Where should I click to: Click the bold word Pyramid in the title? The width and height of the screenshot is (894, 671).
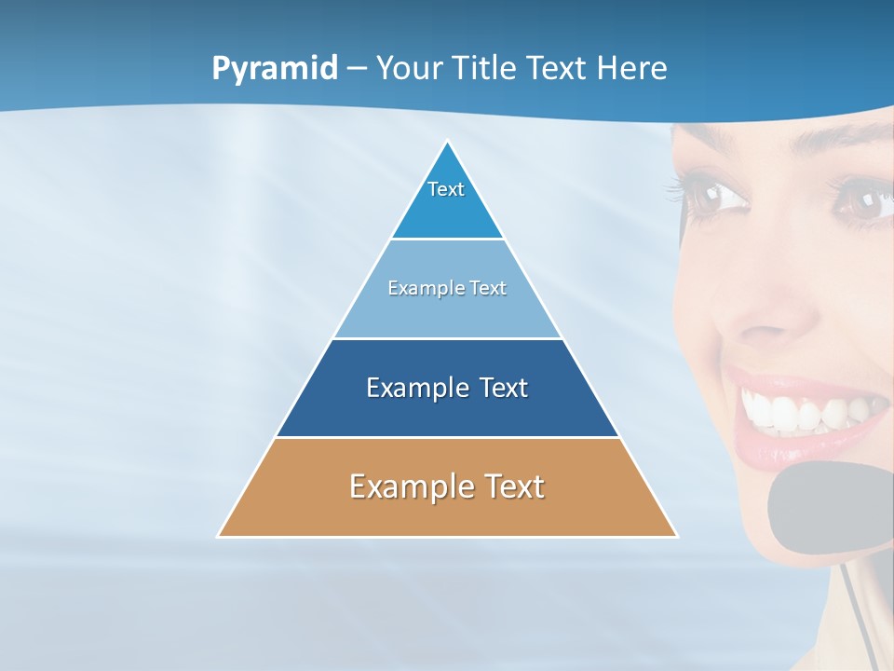(x=275, y=69)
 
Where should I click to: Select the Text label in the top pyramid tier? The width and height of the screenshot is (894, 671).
(x=446, y=189)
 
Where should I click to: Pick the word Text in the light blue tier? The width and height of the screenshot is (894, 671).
(x=488, y=288)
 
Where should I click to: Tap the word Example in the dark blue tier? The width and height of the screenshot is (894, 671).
(x=418, y=388)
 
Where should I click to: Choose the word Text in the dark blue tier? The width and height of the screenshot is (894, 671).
(x=504, y=388)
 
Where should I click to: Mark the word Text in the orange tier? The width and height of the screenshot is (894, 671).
(x=514, y=486)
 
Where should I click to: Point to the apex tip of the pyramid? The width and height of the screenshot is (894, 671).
(x=448, y=142)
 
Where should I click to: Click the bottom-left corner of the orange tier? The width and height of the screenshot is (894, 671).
(x=219, y=536)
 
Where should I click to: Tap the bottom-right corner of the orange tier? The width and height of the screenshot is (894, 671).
(x=676, y=536)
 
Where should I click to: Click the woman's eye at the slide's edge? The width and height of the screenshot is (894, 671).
(x=871, y=200)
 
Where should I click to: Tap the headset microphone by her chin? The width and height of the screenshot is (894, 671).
(x=824, y=508)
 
